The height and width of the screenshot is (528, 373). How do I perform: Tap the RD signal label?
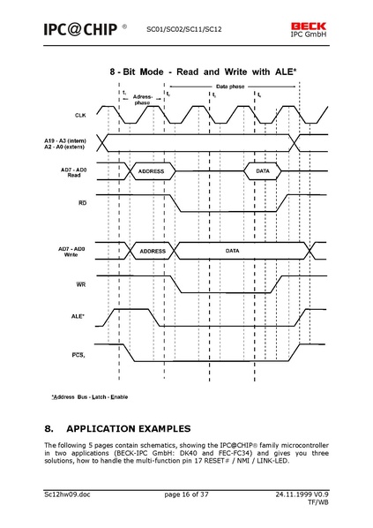80,204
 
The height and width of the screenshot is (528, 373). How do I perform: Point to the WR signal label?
80,284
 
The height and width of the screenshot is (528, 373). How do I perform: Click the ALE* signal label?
78,315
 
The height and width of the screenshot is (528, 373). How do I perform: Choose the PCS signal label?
78,354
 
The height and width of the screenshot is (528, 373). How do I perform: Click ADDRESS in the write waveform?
152,252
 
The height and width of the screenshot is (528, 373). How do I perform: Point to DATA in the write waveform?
232,252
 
